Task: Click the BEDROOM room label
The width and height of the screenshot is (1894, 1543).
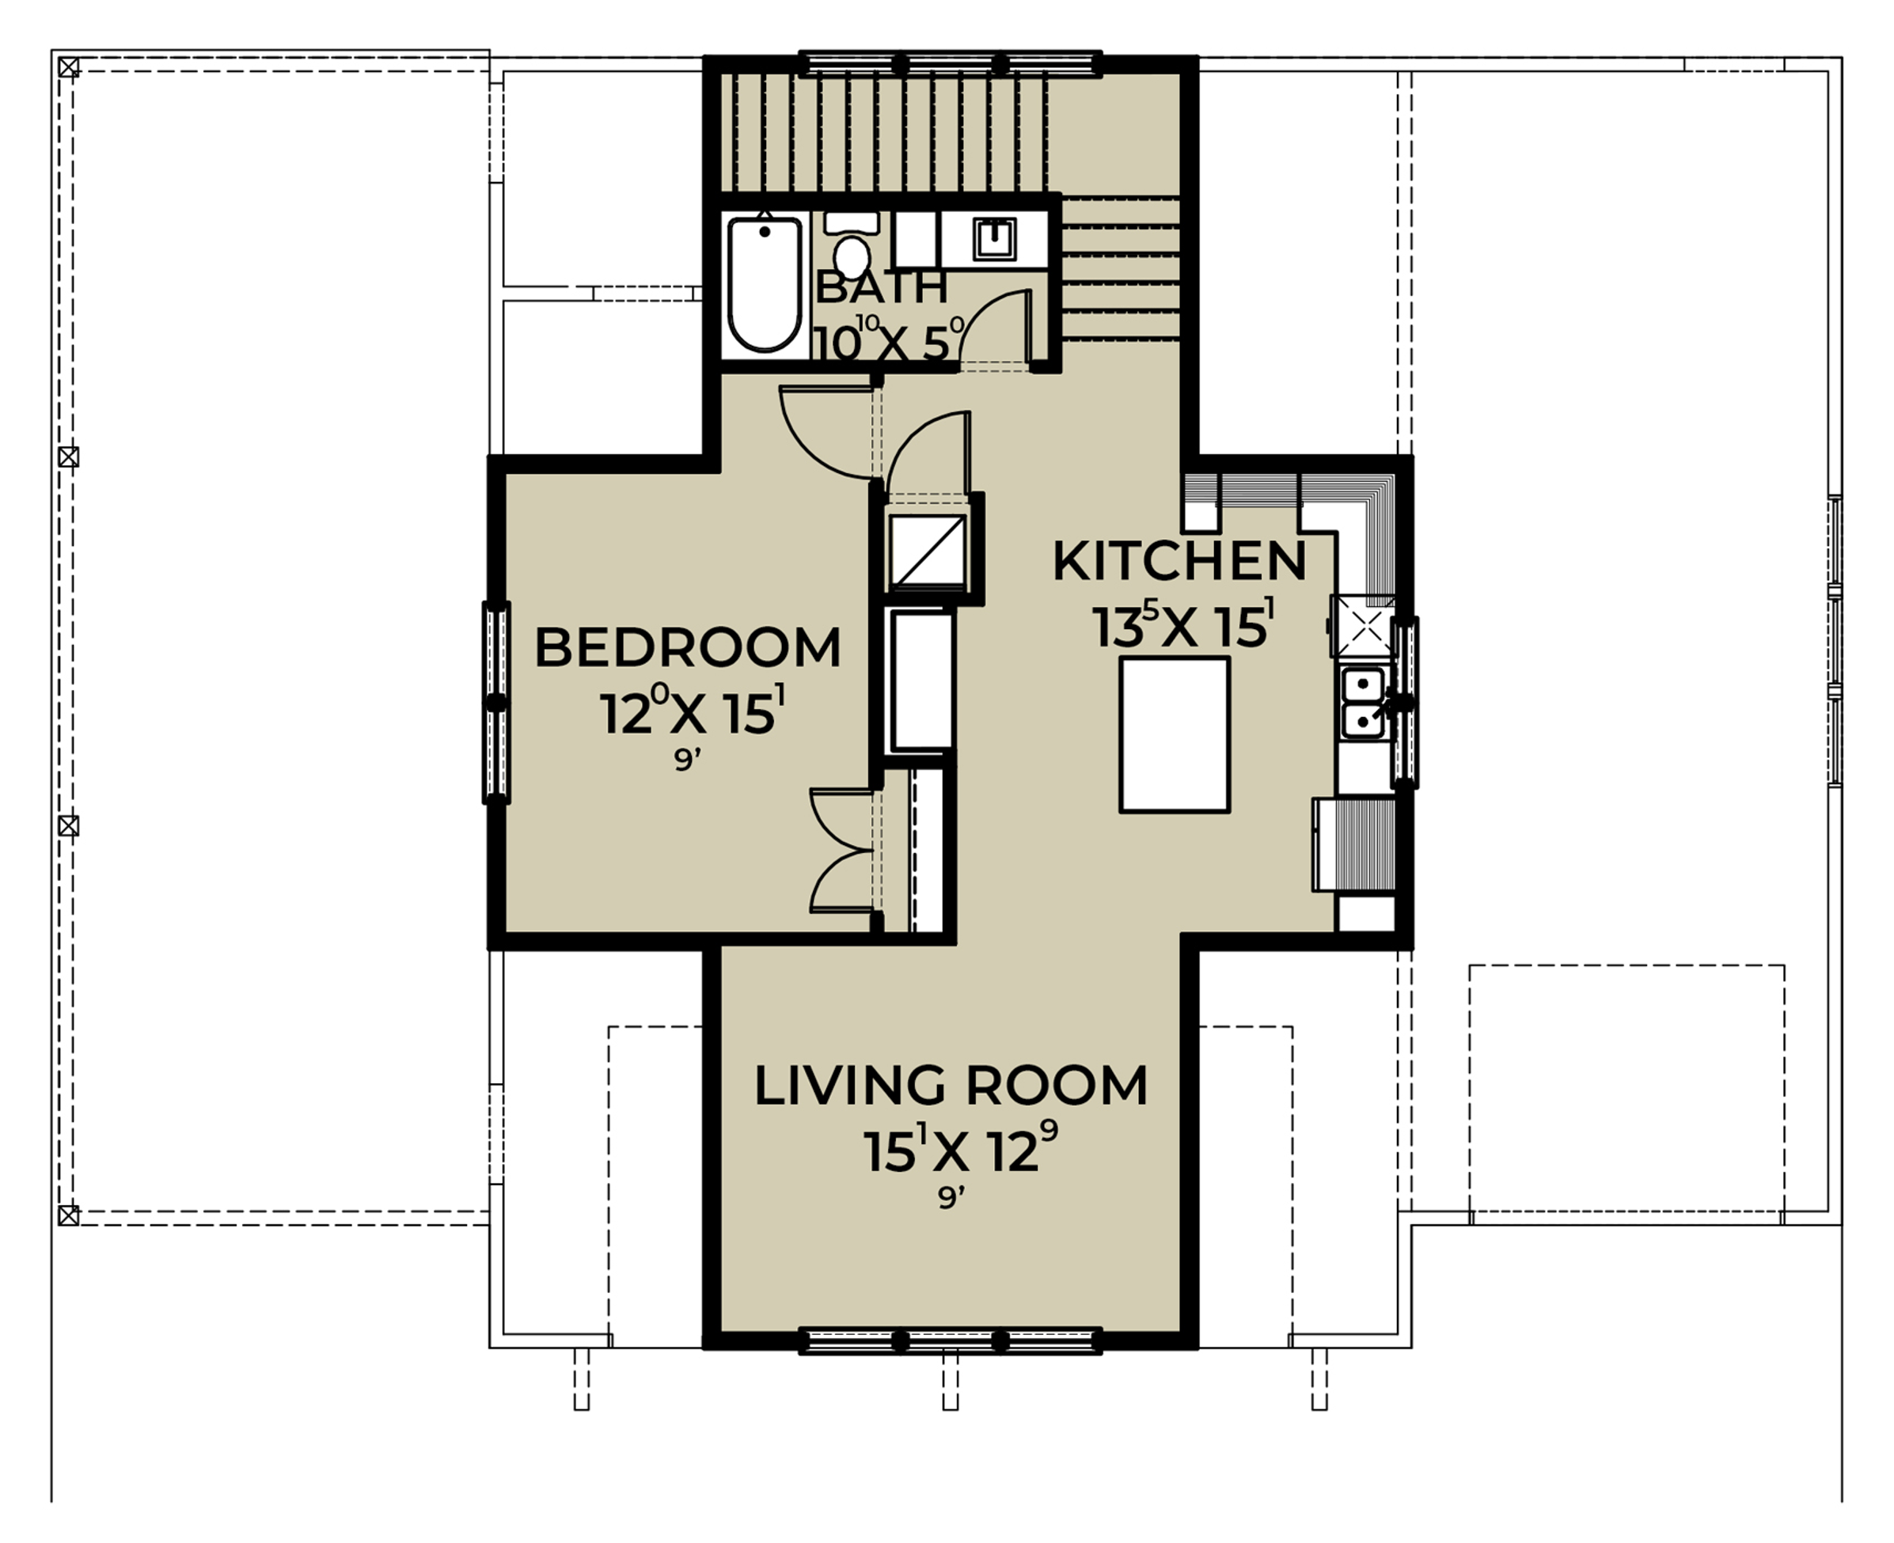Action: click(x=687, y=648)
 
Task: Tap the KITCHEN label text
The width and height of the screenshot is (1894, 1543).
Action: click(x=1179, y=561)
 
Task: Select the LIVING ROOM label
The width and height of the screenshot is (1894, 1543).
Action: click(x=951, y=1086)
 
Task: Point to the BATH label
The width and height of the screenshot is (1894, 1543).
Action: click(x=881, y=287)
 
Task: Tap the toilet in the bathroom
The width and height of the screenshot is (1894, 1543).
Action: click(x=852, y=245)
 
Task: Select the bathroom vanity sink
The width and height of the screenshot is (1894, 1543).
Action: click(x=994, y=238)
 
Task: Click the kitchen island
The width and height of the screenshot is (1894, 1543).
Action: click(x=1175, y=735)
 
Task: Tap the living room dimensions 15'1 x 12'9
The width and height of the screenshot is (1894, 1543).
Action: click(x=960, y=1148)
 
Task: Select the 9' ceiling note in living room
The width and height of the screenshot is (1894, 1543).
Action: click(x=951, y=1198)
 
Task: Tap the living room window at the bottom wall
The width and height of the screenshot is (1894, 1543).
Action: click(x=951, y=1341)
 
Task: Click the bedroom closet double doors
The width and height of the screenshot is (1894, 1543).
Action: click(x=841, y=851)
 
